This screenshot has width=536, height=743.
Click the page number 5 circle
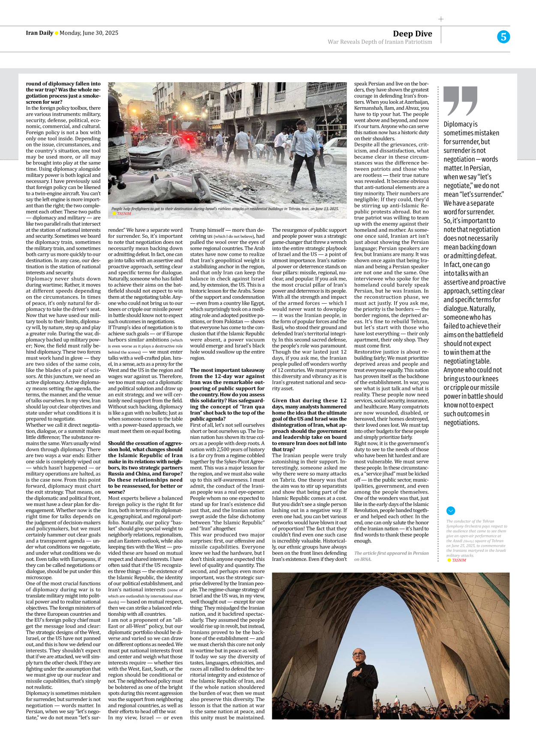point(503,37)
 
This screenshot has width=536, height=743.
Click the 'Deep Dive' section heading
point(412,34)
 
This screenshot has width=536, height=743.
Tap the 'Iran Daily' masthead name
point(39,33)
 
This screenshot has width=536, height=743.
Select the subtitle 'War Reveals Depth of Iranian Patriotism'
point(379,42)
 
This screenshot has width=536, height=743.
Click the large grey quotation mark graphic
point(460,101)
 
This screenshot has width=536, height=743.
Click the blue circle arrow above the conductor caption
point(450,511)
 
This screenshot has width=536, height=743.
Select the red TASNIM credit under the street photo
point(124,214)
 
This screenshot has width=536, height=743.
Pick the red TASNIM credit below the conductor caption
point(459,560)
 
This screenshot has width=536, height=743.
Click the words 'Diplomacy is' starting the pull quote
point(460,124)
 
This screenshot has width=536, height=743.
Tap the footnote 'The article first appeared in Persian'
point(391,553)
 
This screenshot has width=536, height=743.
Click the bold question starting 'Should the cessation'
point(145,443)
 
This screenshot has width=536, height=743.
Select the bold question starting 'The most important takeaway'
point(227,370)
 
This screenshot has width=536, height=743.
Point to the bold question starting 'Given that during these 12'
point(309,401)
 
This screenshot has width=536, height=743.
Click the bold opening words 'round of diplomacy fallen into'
point(63,84)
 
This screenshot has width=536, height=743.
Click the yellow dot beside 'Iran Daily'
point(57,33)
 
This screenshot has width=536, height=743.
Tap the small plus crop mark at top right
point(441,19)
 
